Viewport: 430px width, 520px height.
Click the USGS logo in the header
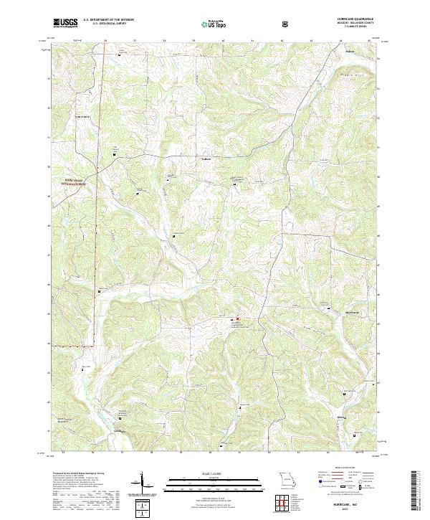coord(66,24)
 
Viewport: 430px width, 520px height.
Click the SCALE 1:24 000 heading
coord(205,471)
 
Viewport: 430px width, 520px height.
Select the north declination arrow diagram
coord(144,483)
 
